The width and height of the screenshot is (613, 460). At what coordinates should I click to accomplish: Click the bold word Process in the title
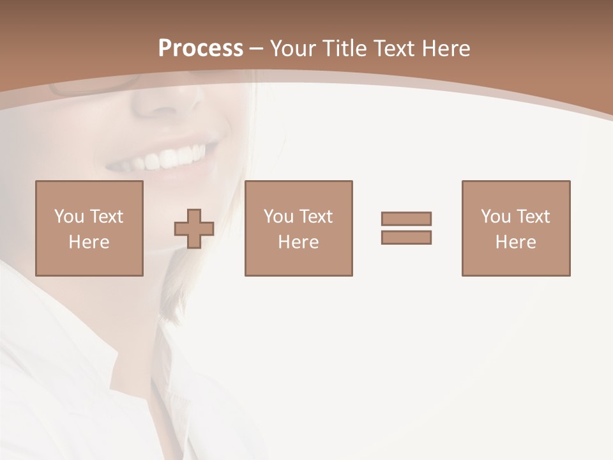click(201, 49)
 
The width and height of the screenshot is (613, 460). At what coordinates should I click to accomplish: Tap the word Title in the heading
click(345, 49)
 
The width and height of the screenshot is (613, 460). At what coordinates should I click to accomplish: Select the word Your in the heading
click(294, 49)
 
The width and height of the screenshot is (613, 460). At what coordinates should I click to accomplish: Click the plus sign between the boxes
click(194, 229)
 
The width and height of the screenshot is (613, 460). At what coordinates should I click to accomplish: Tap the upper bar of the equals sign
click(406, 218)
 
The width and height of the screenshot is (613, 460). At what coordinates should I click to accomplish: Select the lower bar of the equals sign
click(406, 237)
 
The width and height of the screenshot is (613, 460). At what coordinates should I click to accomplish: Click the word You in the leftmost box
click(69, 217)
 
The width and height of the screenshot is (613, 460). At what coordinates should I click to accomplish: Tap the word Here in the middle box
click(298, 242)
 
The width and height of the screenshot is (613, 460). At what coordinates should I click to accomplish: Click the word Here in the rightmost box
click(516, 242)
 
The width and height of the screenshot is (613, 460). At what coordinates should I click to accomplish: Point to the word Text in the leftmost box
click(106, 217)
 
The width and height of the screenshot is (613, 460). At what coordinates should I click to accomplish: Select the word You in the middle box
click(278, 217)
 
